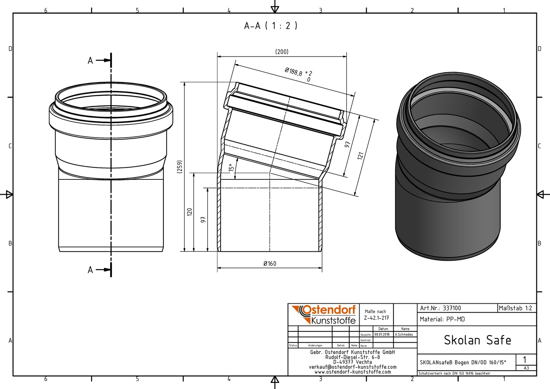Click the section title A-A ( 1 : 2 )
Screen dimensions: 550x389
coord(271,26)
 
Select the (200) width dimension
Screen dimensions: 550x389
coord(281,52)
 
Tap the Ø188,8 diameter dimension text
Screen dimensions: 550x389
coord(293,72)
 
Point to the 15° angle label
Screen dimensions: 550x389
coord(231,167)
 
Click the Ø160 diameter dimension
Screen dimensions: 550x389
coord(270,264)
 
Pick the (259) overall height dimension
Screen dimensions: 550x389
coord(180,167)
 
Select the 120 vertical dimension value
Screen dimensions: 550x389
coord(189,212)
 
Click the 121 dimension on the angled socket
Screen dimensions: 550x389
coord(360,156)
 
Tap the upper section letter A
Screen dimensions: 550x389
coord(90,61)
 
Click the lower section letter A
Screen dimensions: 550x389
coord(90,270)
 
